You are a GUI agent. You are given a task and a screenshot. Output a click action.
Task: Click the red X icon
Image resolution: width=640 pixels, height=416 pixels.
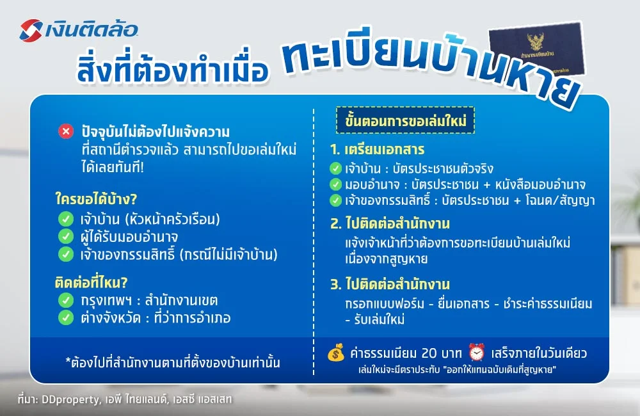click(65, 132)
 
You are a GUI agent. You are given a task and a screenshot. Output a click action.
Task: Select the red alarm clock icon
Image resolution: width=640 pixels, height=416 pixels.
click(477, 353)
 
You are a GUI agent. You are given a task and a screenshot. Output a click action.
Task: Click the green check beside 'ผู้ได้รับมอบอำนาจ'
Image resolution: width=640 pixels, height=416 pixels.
click(65, 237)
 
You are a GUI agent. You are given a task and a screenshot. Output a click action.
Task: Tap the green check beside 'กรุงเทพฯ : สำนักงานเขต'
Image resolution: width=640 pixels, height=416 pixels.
click(65, 300)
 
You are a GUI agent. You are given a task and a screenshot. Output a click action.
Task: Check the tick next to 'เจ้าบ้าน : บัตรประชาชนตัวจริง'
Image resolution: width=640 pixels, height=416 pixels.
click(335, 169)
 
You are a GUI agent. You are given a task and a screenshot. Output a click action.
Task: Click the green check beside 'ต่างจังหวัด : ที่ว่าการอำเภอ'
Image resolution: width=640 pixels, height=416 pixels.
click(65, 317)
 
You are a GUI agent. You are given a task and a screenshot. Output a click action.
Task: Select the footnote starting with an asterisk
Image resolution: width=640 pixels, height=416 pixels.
click(172, 363)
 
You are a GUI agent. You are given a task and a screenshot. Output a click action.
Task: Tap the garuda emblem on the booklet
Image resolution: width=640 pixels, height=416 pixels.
click(534, 41)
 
